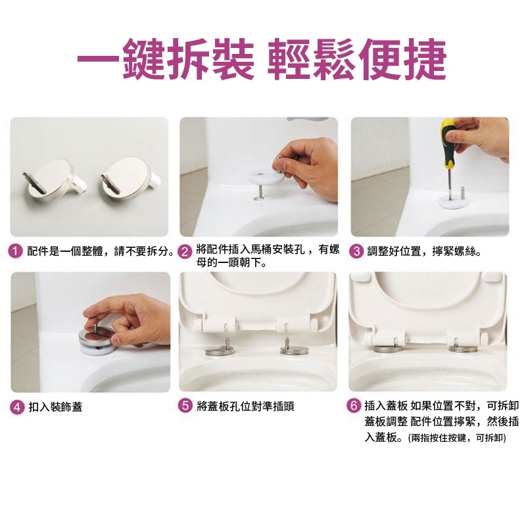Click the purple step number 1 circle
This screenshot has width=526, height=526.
[15, 251]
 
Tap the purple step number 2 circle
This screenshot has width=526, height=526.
[185, 252]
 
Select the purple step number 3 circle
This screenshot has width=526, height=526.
[356, 251]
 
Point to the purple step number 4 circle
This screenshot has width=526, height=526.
[18, 407]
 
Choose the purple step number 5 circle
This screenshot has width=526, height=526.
[185, 406]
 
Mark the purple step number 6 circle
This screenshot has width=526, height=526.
[354, 406]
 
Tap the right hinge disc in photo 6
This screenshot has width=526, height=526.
[464, 349]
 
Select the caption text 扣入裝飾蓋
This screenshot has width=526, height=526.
[55, 407]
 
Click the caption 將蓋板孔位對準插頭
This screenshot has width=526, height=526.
[245, 406]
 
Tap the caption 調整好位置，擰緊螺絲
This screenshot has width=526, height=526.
[424, 251]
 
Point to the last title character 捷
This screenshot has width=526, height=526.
[425, 59]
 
